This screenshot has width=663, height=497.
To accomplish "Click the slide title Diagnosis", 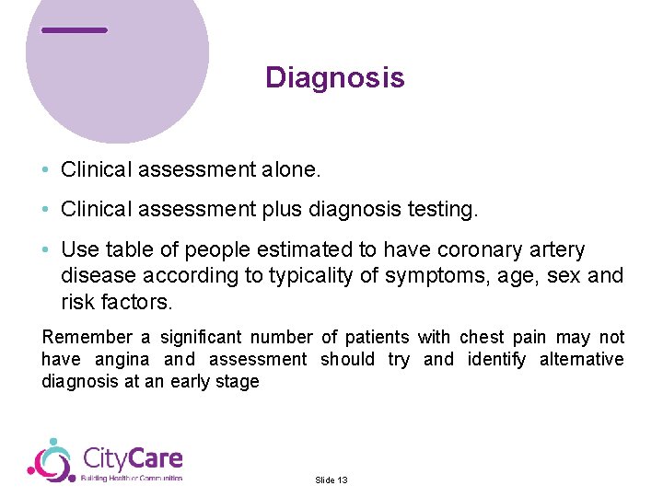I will [x=334, y=77].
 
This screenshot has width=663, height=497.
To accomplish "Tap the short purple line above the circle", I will [x=75, y=30].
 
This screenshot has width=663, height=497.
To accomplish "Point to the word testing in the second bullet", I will [x=443, y=210].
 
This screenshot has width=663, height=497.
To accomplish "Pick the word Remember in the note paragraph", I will [x=85, y=338].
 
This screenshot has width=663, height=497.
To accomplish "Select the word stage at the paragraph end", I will [x=237, y=382].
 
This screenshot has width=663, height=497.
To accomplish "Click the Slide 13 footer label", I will [x=331, y=480].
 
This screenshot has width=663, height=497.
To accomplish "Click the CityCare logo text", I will [x=133, y=458].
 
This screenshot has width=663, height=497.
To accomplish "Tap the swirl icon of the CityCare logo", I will [x=51, y=459].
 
